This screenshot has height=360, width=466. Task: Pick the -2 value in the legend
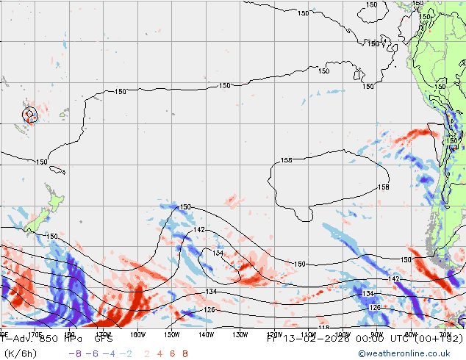126,353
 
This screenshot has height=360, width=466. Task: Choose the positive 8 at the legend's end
185,353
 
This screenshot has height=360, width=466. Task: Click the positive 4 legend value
159,353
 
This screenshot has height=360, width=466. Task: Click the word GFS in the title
103,339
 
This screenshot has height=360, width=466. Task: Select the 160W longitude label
137,334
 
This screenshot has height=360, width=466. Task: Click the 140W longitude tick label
206,334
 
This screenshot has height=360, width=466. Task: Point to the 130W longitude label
240,334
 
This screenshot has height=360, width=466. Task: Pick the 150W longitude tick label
171,334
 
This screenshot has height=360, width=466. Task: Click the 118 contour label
323,328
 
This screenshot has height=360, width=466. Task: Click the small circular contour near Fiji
29,114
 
